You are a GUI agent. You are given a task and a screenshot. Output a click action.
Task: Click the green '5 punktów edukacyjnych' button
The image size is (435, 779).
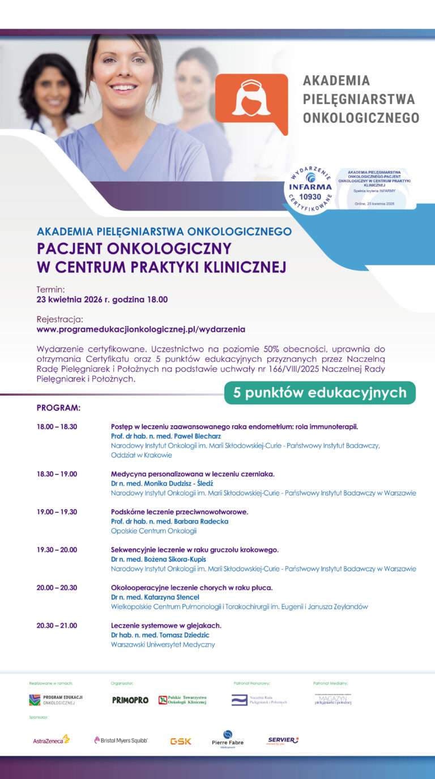tap(319, 392)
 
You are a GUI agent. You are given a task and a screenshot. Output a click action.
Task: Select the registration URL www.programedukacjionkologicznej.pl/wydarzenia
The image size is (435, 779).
tap(140, 329)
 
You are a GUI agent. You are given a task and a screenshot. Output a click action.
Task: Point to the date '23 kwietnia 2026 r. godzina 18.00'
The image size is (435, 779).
tap(102, 299)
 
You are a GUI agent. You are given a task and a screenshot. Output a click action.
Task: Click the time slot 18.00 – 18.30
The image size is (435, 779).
tap(57, 426)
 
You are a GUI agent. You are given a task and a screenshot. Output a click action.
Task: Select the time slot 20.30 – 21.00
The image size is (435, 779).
tap(57, 626)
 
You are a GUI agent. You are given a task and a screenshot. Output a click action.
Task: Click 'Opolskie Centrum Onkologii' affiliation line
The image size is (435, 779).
tap(153, 531)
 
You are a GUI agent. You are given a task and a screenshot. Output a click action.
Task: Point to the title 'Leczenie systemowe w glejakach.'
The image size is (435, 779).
tap(166, 626)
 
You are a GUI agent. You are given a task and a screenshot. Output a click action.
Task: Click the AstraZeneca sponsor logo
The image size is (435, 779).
tap(51, 740)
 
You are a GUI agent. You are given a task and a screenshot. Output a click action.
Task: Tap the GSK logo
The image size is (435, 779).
tap(181, 741)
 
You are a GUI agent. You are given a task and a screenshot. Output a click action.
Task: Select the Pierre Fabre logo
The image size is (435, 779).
tap(227, 739)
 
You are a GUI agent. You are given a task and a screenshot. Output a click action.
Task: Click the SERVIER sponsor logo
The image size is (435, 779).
tap(283, 740)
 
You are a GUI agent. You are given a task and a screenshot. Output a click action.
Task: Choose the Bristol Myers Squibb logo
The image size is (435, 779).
tap(121, 740)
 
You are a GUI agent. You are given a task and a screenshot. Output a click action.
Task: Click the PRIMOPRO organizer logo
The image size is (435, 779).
tap(130, 700)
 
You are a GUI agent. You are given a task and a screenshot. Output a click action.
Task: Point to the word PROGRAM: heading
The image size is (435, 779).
tap(58, 408)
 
